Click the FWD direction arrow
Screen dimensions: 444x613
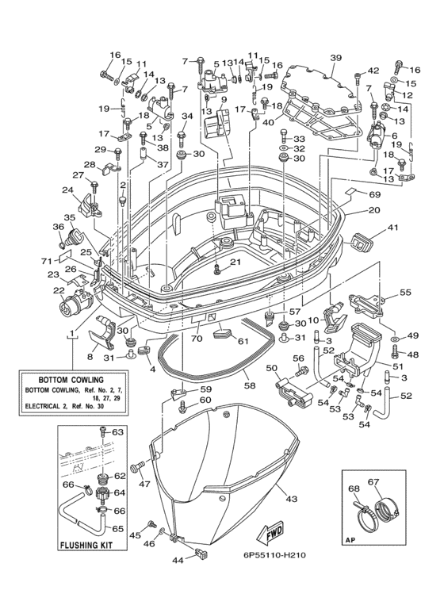269,534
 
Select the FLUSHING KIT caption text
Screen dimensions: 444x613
86,545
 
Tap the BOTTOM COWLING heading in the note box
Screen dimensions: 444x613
71,380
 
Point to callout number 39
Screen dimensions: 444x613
335,58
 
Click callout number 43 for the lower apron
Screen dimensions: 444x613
292,499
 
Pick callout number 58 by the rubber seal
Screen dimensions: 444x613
250,385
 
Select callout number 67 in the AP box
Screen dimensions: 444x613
373,482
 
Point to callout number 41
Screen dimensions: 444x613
392,227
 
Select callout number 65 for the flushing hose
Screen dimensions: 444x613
117,529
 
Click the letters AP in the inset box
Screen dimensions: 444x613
350,541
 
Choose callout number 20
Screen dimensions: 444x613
374,209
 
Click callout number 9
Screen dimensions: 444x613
224,99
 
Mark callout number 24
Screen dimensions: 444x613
67,190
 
